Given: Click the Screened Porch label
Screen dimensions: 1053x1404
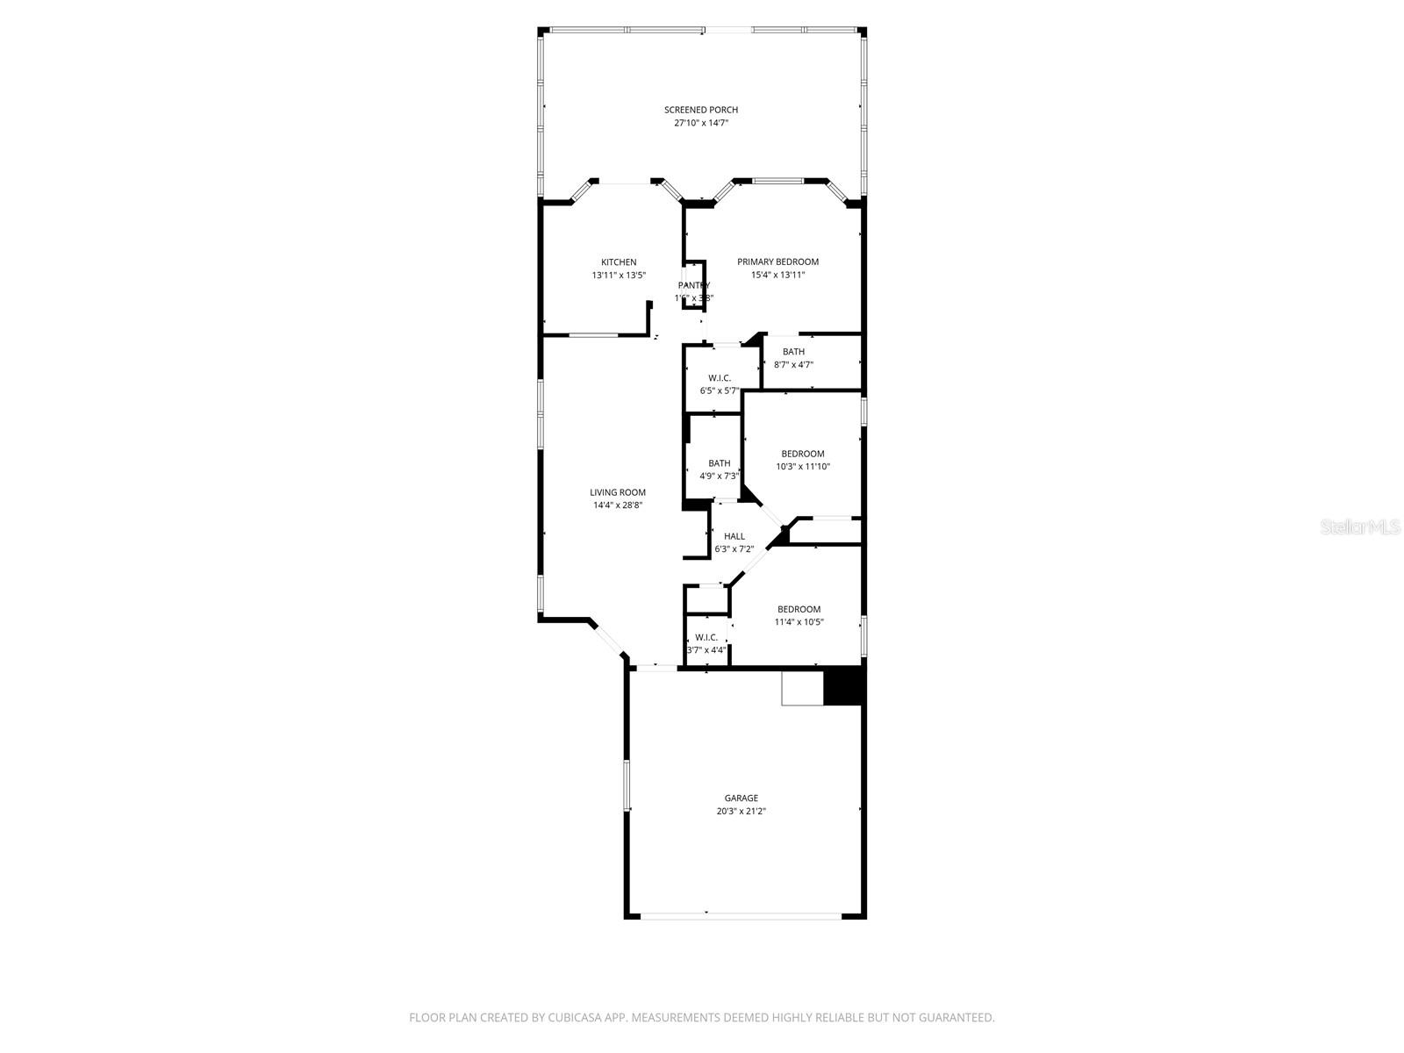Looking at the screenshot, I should point(700,110).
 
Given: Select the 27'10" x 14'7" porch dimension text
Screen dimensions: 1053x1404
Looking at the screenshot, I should point(700,124).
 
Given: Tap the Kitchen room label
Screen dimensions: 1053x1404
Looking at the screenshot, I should point(619,262).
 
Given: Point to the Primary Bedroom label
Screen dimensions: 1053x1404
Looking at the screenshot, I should point(777,261).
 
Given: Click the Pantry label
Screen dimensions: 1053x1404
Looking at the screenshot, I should point(693,285).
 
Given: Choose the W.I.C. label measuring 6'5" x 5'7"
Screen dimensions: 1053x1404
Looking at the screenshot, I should point(720,378).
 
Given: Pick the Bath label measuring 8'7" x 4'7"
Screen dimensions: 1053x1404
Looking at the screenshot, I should point(793,352).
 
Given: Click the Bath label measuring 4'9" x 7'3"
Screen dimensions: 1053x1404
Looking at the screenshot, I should point(719,463).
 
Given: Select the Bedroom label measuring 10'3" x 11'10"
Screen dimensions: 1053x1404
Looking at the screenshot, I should point(802,454).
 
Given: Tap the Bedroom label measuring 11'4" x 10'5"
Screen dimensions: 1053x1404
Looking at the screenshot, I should point(799,609).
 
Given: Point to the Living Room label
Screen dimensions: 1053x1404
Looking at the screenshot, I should point(618,492).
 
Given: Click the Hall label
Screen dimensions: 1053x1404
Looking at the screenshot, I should point(734,536).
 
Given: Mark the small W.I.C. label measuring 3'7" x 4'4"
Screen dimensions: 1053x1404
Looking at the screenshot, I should point(706,637).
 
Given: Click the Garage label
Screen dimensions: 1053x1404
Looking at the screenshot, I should point(741,799).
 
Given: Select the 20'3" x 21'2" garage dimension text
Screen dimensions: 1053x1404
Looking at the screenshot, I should point(741,812).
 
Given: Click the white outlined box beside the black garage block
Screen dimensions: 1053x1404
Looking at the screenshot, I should point(802,688).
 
